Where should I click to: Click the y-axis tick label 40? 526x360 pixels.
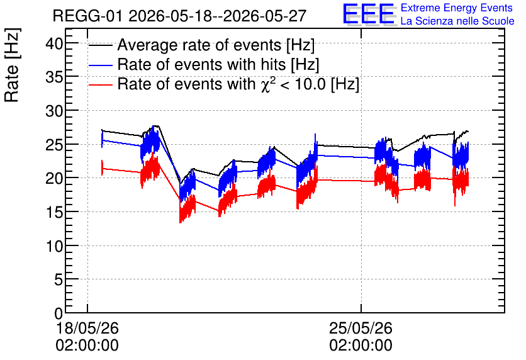(x=54, y=44)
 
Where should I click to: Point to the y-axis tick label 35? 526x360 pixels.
(x=54, y=77)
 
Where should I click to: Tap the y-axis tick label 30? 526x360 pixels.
(x=54, y=111)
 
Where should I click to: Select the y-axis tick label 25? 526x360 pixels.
(x=54, y=145)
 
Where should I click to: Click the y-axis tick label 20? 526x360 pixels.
(x=54, y=179)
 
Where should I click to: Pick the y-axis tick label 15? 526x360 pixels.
(x=54, y=212)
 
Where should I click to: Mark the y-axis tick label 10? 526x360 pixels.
(x=54, y=246)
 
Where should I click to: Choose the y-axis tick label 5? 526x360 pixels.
(x=59, y=279)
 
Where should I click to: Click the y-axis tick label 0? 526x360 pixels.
(x=59, y=313)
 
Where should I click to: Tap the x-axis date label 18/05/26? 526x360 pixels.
(x=87, y=328)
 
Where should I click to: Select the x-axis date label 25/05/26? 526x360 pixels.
(x=361, y=328)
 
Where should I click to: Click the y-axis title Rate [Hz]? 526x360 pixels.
(x=12, y=65)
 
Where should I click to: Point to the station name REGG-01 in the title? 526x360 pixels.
(x=88, y=16)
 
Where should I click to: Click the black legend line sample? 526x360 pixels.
(x=100, y=45)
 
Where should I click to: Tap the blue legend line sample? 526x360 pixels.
(x=100, y=65)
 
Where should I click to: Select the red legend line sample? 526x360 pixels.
(x=100, y=84)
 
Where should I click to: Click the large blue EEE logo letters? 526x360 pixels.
(x=369, y=14)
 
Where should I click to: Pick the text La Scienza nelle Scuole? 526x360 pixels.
(x=457, y=21)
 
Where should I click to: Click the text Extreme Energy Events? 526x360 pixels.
(x=457, y=8)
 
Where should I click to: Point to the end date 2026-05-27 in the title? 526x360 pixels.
(x=265, y=16)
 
